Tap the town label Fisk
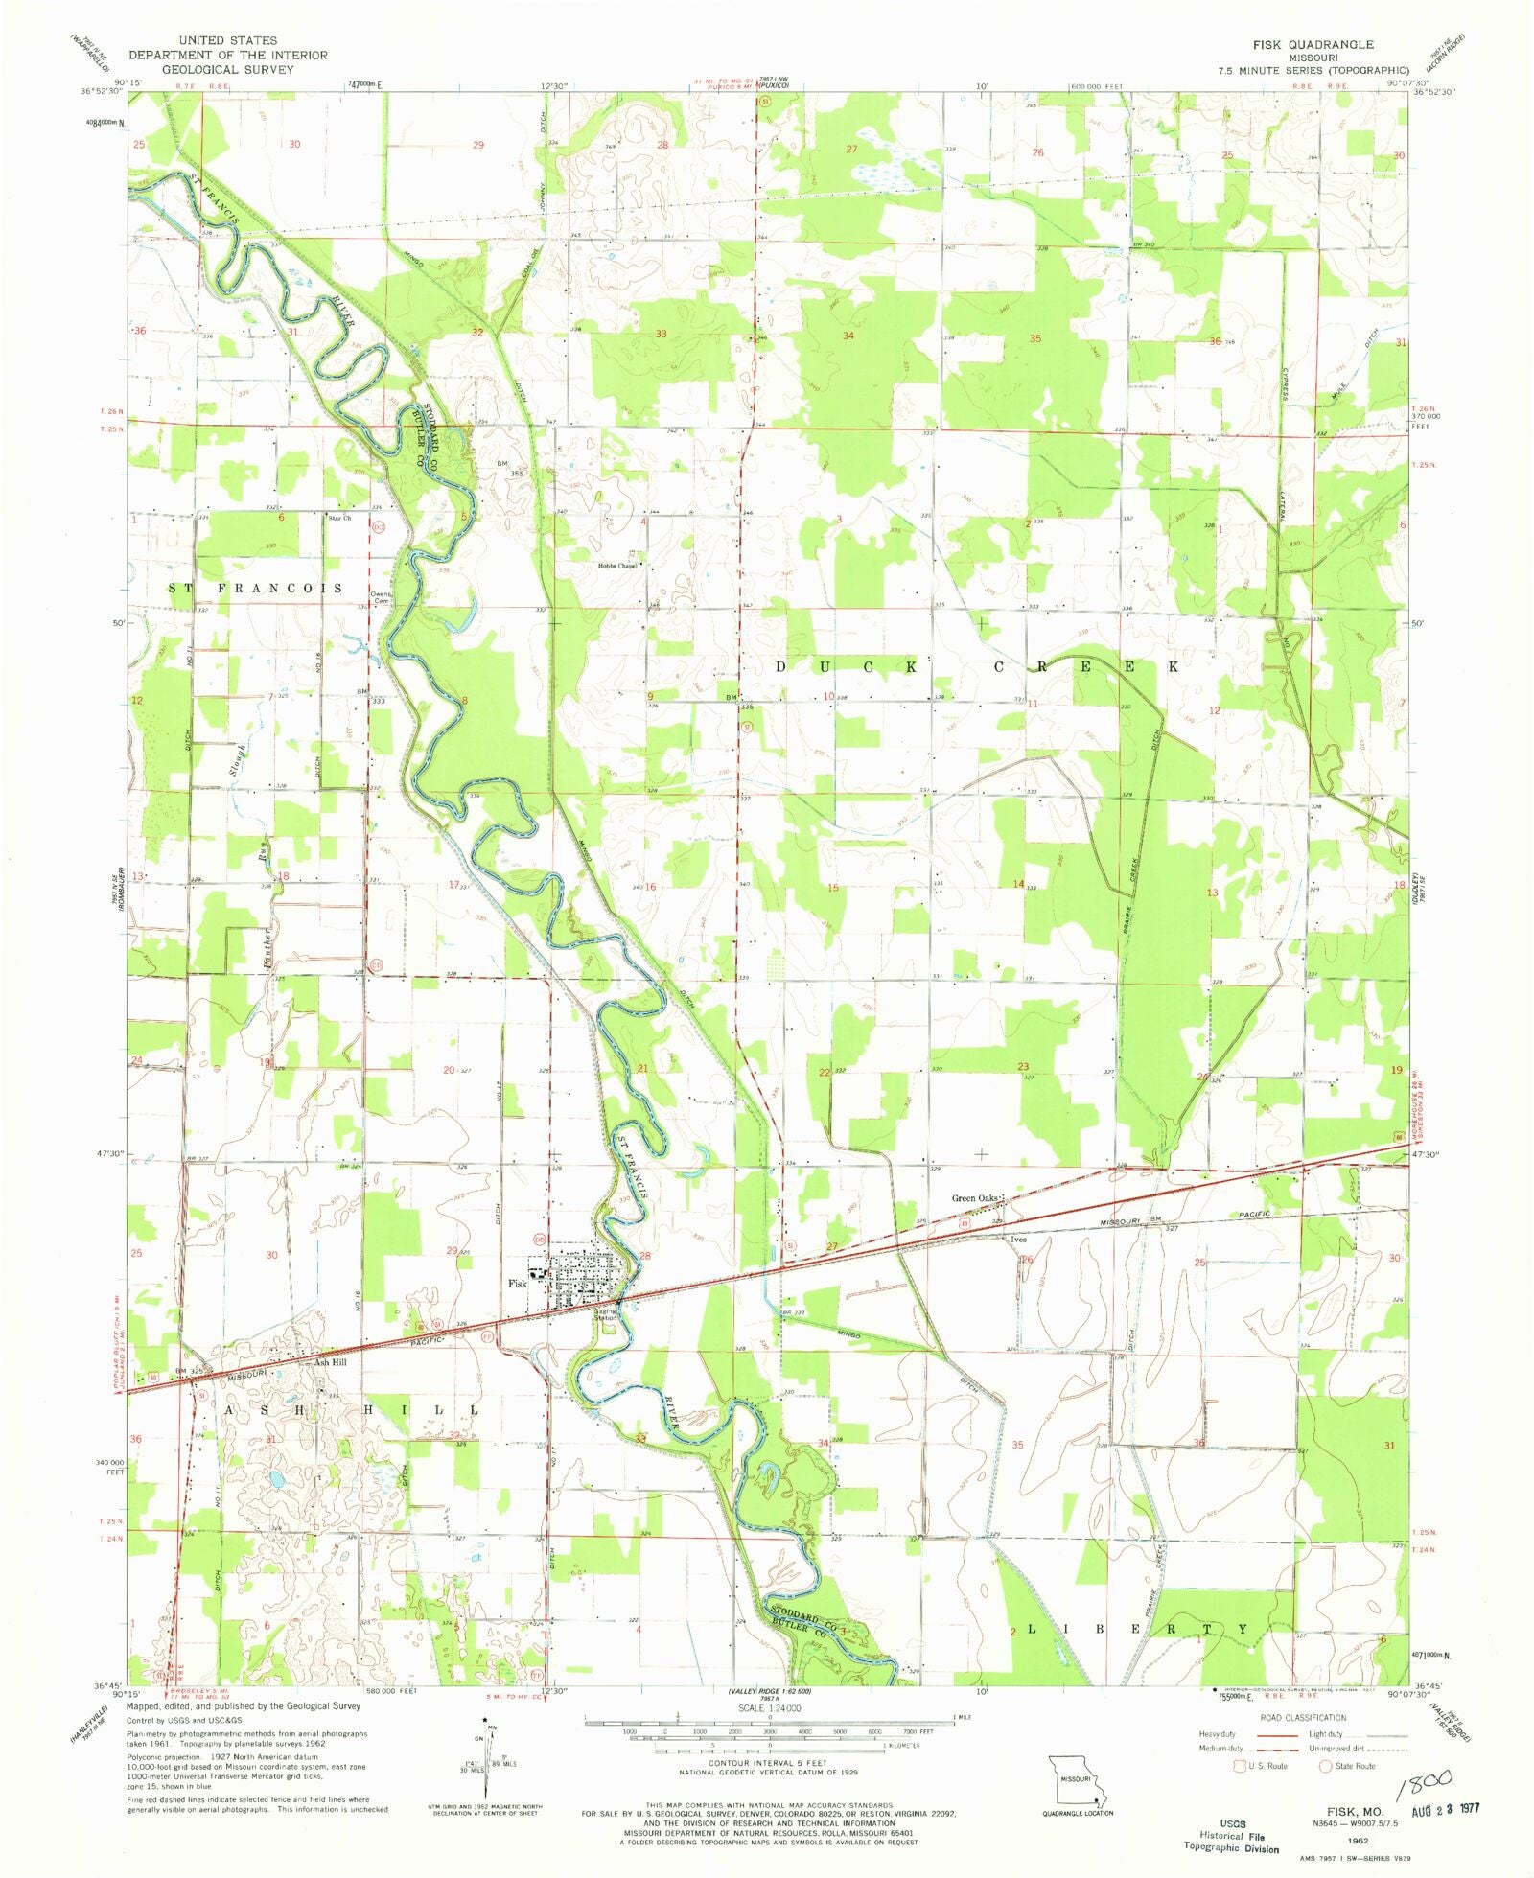pos(518,1284)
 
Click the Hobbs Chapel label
pos(616,566)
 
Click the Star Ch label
pos(339,519)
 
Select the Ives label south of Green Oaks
pos(1018,1240)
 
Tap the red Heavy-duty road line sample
pos(1273,1734)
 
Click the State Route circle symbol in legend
pos(1326,1766)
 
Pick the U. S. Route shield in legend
pos(1224,1766)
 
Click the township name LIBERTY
pos(1138,1630)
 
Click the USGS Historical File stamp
pos(1231,1835)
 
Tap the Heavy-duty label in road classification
pos(1217,1734)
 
